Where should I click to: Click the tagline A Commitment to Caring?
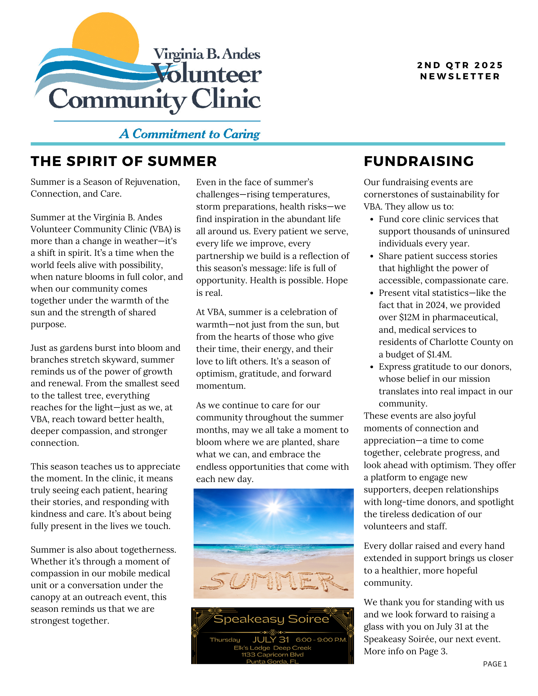189,134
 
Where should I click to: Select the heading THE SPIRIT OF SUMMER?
124,161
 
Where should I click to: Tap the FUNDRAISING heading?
419,161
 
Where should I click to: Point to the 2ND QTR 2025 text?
460,65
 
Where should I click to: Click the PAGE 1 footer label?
495,664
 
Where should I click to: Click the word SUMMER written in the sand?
273,581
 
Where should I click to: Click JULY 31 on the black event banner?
271,640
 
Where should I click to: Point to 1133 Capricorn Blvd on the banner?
272,655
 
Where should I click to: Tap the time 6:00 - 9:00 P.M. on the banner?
321,640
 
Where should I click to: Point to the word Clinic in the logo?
226,100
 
